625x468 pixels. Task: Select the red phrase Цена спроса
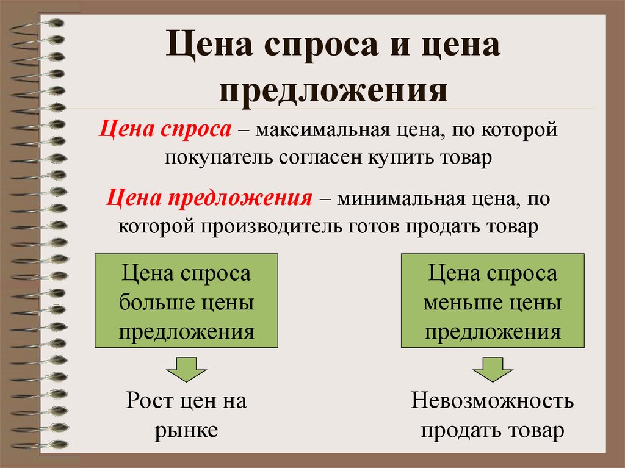point(165,130)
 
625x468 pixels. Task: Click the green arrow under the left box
point(187,370)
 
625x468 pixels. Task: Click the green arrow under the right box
point(493,370)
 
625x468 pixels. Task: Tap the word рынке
point(186,430)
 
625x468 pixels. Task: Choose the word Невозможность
point(492,401)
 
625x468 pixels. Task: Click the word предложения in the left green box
point(186,331)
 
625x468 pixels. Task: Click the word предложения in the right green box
point(493,331)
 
